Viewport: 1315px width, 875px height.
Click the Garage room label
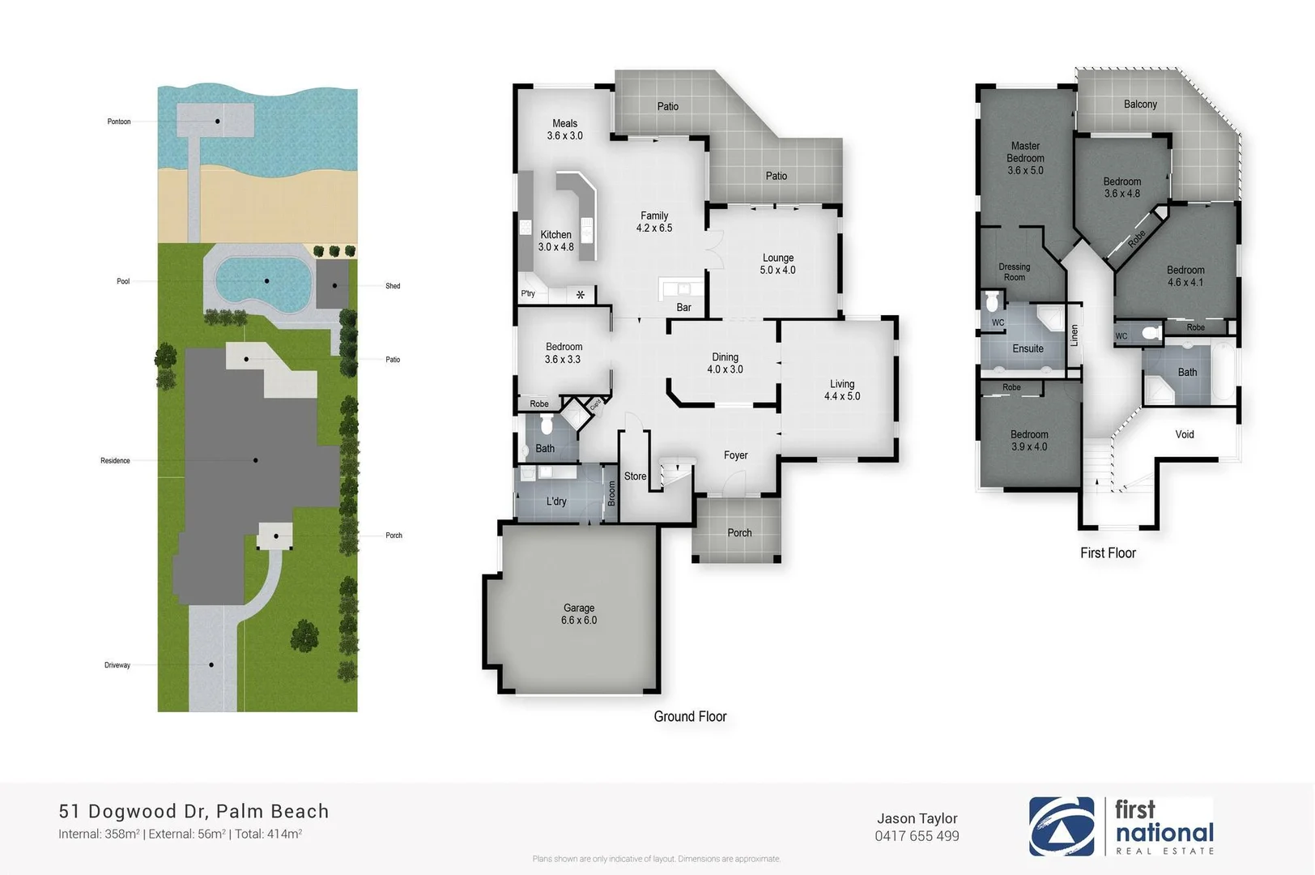[x=578, y=614]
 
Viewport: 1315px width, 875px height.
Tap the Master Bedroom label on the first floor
[x=1025, y=158]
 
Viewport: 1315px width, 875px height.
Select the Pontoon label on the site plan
[x=119, y=122]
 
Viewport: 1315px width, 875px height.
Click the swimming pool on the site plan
[x=263, y=281]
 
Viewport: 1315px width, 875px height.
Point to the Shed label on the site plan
[x=393, y=286]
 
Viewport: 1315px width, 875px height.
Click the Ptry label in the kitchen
[x=528, y=293]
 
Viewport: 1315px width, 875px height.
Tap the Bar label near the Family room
[x=683, y=307]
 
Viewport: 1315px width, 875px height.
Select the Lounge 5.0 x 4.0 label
[x=777, y=264]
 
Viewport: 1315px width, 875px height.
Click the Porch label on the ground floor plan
[x=739, y=532]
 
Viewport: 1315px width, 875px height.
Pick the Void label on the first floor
[x=1185, y=434]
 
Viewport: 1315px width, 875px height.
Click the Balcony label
[x=1140, y=104]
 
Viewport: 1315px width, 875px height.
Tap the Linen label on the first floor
[x=1075, y=335]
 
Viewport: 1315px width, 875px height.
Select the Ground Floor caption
[x=690, y=716]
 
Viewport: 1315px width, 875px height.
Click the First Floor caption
[x=1108, y=553]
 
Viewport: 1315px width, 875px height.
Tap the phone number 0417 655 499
[x=917, y=836]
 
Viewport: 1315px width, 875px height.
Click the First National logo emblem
[x=1061, y=826]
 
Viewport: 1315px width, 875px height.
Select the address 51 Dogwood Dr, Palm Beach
[x=194, y=811]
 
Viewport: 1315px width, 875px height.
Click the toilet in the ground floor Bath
[x=546, y=425]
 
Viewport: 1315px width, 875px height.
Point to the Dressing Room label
[x=1014, y=271]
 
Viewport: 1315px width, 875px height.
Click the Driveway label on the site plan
[x=117, y=665]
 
